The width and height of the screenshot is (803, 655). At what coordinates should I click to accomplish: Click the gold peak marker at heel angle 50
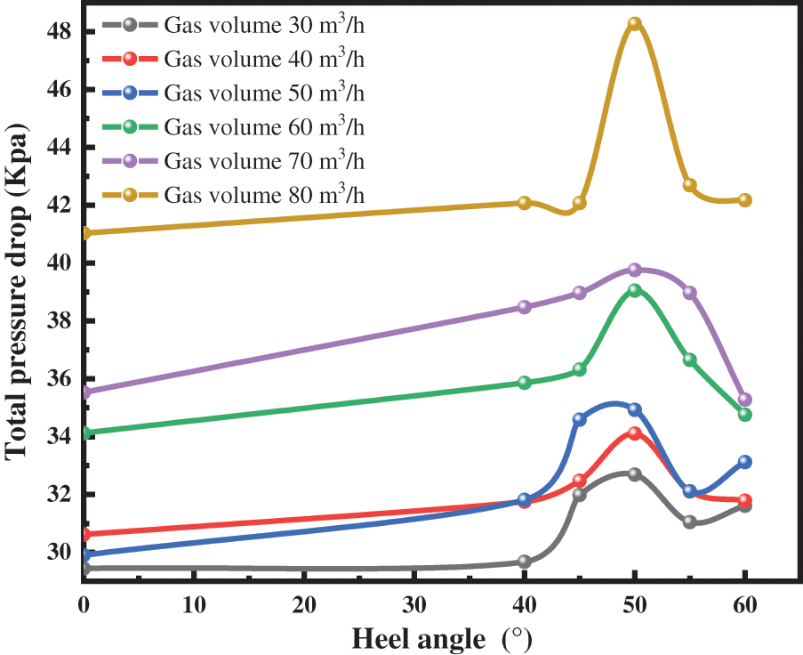pyautogui.click(x=634, y=24)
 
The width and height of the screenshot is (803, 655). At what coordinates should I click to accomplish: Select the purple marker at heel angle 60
pyautogui.click(x=745, y=400)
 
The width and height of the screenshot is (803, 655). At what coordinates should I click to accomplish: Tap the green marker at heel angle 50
pyautogui.click(x=634, y=290)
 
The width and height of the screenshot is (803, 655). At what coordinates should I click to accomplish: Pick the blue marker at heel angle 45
pyautogui.click(x=580, y=418)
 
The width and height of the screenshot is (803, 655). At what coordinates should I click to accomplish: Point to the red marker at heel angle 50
pyautogui.click(x=634, y=433)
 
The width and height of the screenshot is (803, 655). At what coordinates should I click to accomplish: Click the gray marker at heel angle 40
pyautogui.click(x=525, y=562)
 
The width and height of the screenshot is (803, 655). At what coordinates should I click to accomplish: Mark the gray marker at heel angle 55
pyautogui.click(x=689, y=522)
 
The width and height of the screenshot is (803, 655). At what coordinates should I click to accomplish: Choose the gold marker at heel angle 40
pyautogui.click(x=525, y=203)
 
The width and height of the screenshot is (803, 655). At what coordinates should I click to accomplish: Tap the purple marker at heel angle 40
pyautogui.click(x=525, y=307)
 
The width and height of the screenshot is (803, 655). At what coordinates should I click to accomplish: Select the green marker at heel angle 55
pyautogui.click(x=689, y=360)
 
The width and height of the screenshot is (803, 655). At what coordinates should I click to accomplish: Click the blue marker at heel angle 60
pyautogui.click(x=745, y=462)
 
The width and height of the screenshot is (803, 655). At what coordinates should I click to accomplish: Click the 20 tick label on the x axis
pyautogui.click(x=304, y=602)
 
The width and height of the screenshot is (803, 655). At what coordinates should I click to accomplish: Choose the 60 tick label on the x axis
pyautogui.click(x=745, y=602)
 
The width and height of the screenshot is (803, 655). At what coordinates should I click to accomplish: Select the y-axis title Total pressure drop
pyautogui.click(x=20, y=294)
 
